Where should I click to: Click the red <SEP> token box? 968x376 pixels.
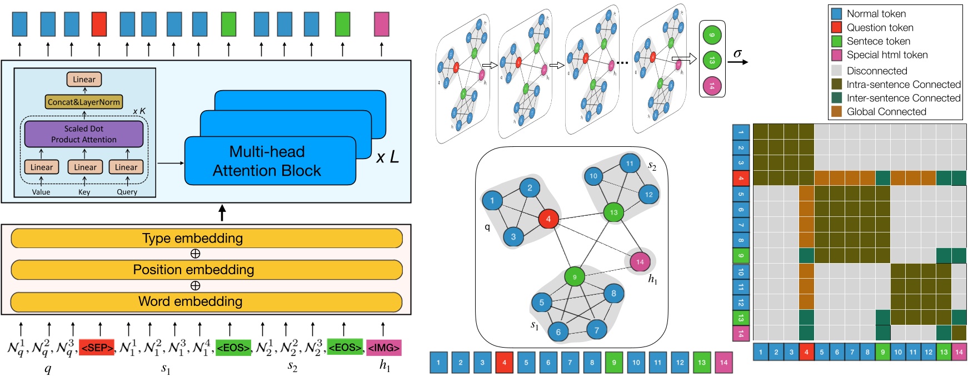[x=97, y=348]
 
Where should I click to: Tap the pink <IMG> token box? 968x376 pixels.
[x=383, y=348]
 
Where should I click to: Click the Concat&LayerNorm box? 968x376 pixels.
[x=84, y=102]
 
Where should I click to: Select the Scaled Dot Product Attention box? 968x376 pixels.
[x=84, y=134]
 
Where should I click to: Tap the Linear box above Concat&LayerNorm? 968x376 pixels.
[x=84, y=80]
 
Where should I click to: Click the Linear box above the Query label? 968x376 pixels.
[x=126, y=167]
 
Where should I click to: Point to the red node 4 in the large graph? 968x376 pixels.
[x=548, y=219]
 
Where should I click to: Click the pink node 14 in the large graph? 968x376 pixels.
[x=640, y=262]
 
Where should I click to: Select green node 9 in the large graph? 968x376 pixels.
[x=575, y=276]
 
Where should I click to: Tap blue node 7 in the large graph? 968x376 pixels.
[x=597, y=330]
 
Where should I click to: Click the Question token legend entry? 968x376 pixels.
[x=880, y=27]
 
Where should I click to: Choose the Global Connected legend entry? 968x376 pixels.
[x=886, y=112]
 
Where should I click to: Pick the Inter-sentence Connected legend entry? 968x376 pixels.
[x=903, y=98]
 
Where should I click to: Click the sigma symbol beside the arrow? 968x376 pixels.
[x=737, y=53]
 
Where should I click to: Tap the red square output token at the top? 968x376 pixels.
[x=99, y=24]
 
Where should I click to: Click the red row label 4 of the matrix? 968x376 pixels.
[x=741, y=179]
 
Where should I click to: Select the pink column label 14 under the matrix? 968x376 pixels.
[x=959, y=352]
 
